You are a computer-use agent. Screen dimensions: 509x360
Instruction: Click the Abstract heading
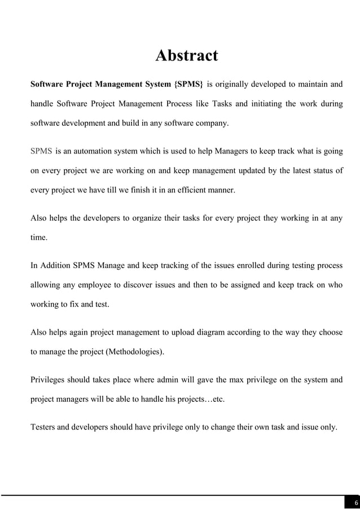coord(186,56)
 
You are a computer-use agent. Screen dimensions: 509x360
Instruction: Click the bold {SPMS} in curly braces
coord(189,85)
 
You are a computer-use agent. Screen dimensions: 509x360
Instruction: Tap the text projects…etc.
coord(200,400)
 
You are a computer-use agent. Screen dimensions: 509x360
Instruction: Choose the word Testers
coord(44,427)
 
